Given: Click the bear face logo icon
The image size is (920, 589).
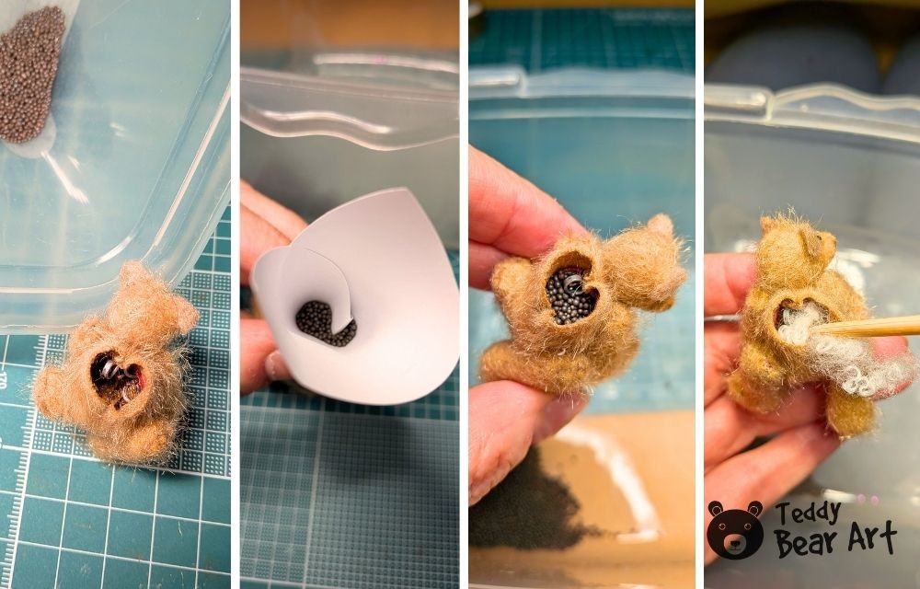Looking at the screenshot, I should [x=734, y=530].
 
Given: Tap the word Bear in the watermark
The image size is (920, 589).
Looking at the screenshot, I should [x=810, y=542].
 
